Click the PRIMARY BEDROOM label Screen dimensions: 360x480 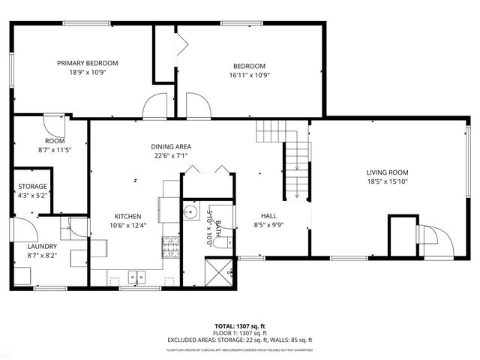tap(88, 64)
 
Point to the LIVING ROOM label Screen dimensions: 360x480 tap(388, 172)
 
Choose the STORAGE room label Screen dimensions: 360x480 tap(33, 186)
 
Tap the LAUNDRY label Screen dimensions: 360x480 tap(42, 246)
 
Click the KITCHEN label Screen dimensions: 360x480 tap(127, 216)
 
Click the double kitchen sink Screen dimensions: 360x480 tap(136, 276)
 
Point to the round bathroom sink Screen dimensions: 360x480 tap(189, 210)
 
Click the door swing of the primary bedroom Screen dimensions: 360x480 tap(156, 106)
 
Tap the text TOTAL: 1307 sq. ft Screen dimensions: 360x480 tap(239, 326)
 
